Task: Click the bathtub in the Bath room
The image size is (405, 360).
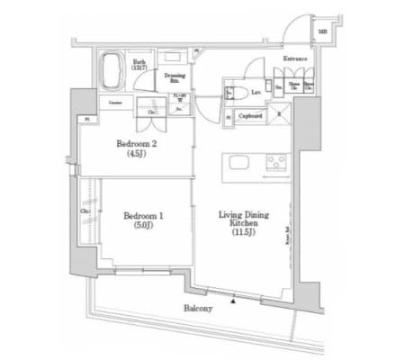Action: pos(114,69)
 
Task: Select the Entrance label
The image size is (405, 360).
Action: pos(296,60)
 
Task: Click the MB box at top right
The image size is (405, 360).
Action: pos(322,32)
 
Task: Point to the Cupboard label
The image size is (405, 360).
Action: pos(251,115)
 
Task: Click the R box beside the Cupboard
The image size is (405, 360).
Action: pos(278,113)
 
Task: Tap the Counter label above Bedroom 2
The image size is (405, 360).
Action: pos(116,103)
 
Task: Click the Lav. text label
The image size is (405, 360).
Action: pos(256,92)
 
